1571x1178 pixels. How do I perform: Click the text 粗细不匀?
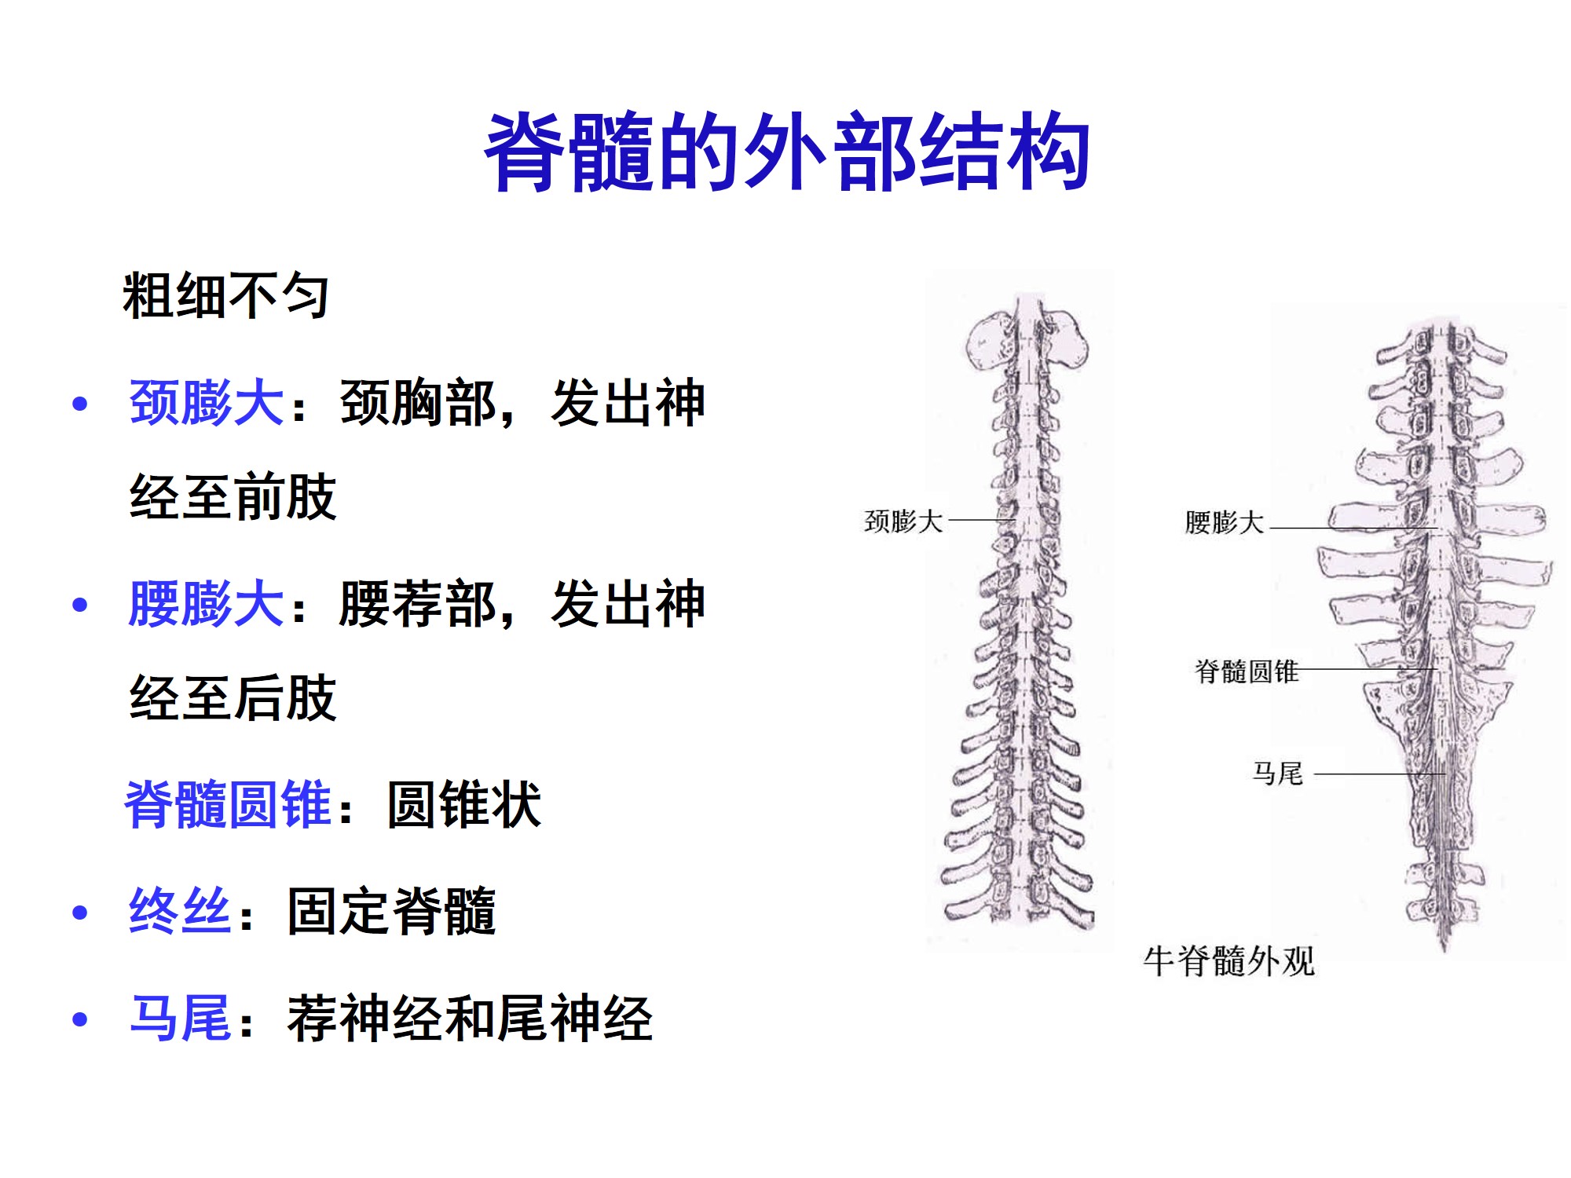[225, 296]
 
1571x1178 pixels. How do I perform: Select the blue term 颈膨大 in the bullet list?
[206, 403]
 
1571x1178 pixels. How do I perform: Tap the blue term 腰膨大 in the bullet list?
[206, 604]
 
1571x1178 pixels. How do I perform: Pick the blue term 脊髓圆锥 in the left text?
[228, 804]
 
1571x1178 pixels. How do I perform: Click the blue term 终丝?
[180, 911]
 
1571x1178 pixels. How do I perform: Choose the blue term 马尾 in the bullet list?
[180, 1019]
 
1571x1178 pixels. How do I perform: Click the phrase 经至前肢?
[233, 497]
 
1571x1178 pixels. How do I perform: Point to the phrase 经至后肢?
[233, 698]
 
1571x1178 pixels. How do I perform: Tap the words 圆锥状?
[464, 804]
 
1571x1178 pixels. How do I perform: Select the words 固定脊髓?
[391, 911]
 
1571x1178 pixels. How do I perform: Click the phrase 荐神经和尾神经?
[470, 1019]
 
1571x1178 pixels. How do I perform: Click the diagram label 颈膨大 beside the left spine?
[903, 521]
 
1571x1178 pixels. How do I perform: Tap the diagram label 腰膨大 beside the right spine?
[1224, 522]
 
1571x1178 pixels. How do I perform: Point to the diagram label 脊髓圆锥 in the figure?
[1247, 671]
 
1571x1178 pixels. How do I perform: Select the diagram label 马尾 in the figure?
[1277, 774]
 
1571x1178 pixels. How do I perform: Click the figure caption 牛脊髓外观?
[1229, 961]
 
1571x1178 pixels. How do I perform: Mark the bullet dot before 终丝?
[79, 913]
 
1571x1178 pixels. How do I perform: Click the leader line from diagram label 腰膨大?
[1351, 529]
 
